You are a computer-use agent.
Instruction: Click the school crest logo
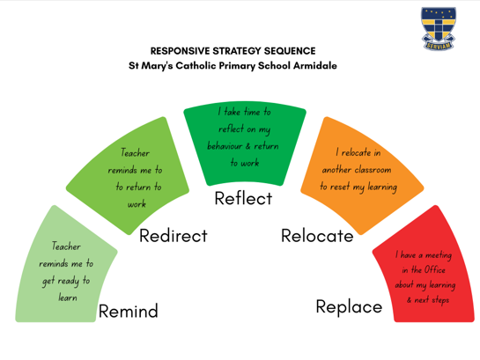point(439,28)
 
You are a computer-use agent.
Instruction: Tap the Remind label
point(129,311)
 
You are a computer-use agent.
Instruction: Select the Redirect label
point(174,236)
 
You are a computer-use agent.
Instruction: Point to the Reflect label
point(243,198)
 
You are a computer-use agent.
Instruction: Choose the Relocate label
point(317,236)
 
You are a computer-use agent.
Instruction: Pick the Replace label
point(349,307)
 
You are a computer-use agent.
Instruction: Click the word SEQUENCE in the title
point(290,51)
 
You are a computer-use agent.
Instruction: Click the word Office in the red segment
point(435,269)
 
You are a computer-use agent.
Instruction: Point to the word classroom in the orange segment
point(373,170)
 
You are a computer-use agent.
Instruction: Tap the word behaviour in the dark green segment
point(225,146)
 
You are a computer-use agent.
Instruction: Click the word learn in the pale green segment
point(68,298)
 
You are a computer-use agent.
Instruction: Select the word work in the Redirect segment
point(137,204)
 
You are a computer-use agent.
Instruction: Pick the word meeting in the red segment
point(439,255)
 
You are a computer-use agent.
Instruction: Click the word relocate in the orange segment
point(357,152)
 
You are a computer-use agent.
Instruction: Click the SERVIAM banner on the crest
point(439,46)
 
